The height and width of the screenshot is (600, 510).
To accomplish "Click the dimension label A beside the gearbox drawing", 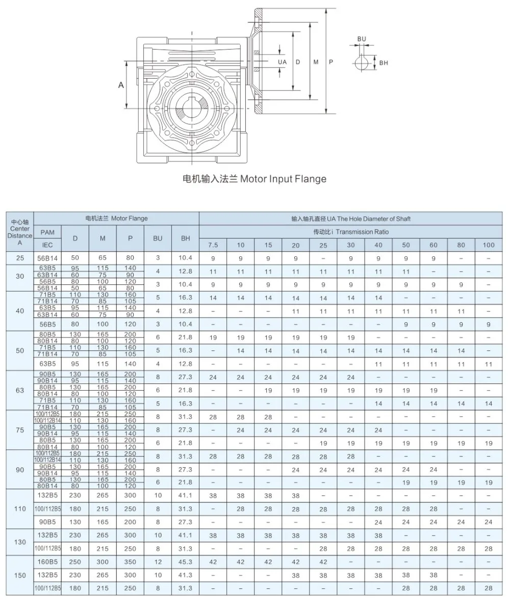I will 121,85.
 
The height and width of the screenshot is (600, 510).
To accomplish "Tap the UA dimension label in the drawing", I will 282,62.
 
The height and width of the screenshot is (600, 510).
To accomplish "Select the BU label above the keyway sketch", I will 362,39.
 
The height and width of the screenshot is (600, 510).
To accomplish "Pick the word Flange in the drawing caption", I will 309,179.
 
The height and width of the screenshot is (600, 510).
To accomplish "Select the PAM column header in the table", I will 47,232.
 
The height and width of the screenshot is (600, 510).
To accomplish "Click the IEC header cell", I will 47,245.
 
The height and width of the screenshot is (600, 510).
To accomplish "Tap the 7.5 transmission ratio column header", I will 213,245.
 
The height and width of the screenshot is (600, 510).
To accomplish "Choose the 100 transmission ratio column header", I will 488,245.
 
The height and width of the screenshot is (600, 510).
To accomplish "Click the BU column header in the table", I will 158,238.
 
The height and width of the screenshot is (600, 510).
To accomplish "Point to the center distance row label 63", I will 20,390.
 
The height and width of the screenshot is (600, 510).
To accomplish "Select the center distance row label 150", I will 20,575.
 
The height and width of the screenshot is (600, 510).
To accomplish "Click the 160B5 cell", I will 47,562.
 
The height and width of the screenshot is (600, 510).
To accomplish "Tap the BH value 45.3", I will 185,562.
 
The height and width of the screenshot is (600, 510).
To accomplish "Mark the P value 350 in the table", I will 130,562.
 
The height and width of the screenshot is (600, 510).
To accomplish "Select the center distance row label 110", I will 20,509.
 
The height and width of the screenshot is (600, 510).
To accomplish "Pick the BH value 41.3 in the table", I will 185,575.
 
